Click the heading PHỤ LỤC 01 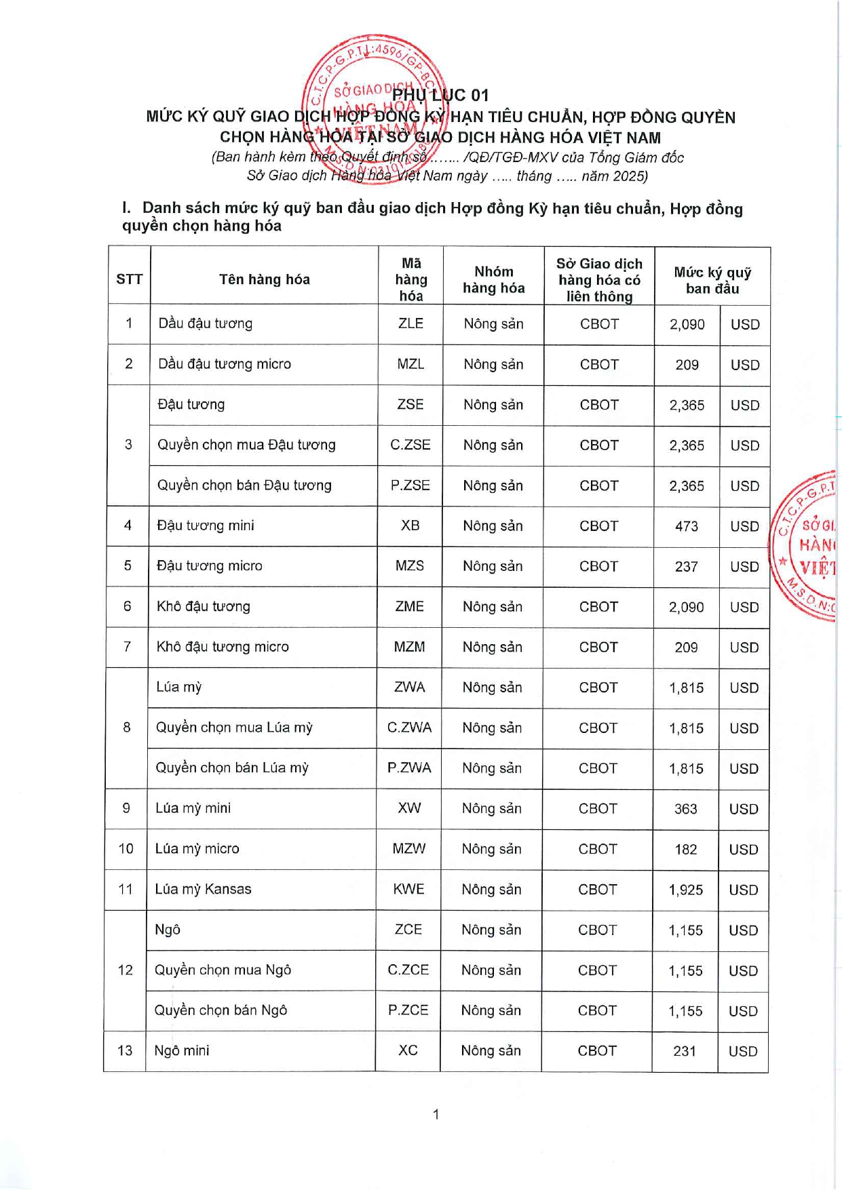440,95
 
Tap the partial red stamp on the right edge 807,545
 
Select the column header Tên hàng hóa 264,279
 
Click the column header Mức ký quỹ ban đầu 712,280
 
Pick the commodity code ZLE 410,323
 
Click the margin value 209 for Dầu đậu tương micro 687,365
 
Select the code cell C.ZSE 410,445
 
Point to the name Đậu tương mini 205,525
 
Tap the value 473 687,526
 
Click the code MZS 410,566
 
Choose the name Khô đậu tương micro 223,647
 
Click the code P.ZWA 409,768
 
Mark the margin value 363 686,809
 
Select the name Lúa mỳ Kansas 203,889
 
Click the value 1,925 685,890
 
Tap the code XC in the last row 408,1050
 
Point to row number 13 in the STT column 125,1051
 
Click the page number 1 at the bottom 436,1114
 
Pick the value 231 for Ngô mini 685,1051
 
